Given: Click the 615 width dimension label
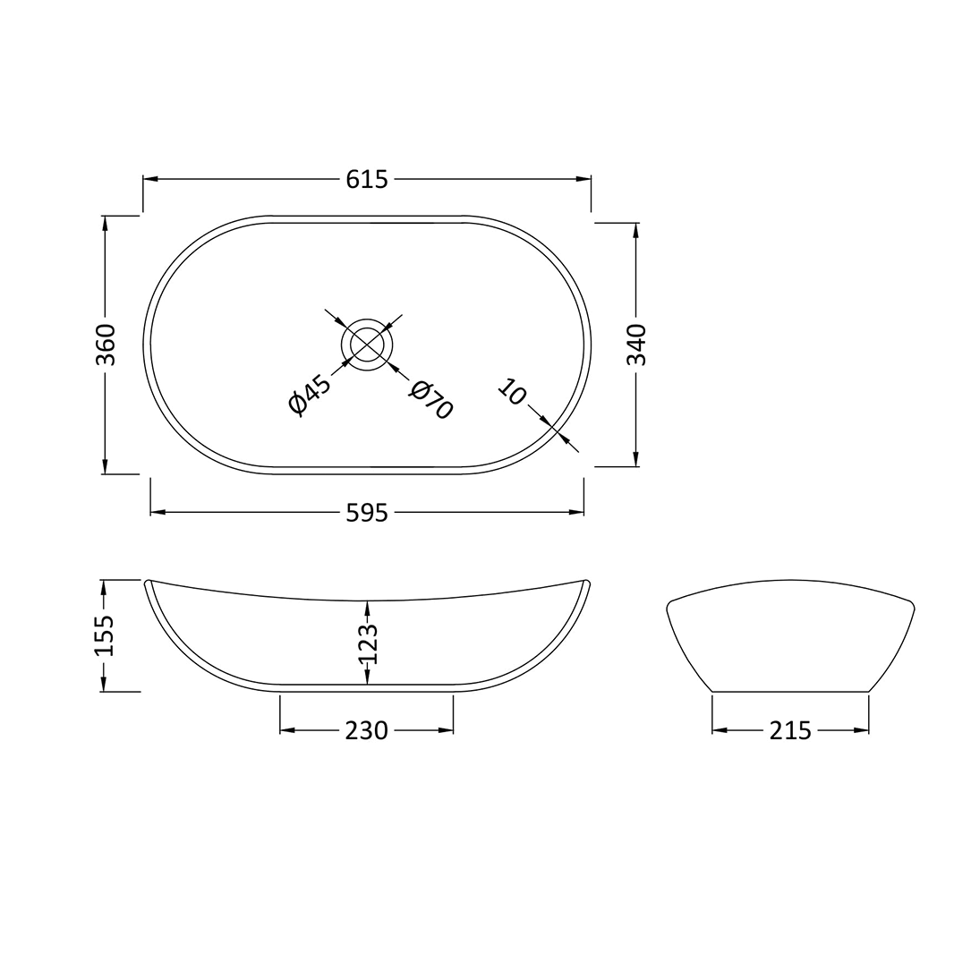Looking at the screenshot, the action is tap(367, 179).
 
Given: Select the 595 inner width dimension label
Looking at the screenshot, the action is tap(367, 513).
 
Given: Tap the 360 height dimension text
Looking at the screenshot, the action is tap(106, 345).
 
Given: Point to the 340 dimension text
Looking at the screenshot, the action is tap(635, 345).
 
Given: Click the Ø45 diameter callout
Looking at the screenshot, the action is tap(310, 396).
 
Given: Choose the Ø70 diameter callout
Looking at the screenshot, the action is tap(431, 400).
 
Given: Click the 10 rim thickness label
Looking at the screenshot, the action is tap(511, 392).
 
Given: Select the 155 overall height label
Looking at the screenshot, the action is tap(105, 635).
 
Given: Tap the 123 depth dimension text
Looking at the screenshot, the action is tap(368, 643).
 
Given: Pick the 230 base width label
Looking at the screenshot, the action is tap(367, 731).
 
